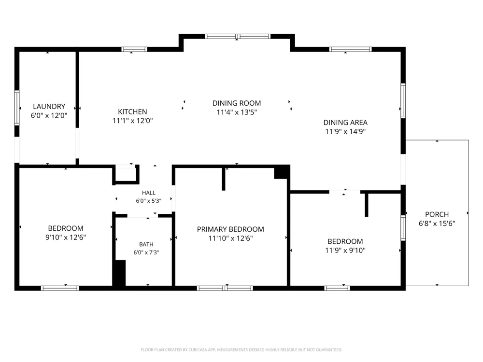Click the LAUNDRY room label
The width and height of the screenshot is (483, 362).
49,107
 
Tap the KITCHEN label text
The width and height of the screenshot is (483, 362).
132,112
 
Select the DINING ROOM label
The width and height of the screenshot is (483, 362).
237,103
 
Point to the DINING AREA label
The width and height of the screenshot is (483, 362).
345,123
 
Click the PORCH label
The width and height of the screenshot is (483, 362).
437,215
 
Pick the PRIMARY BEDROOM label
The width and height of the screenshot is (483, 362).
230,229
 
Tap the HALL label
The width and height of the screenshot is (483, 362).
148,193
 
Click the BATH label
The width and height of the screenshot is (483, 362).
146,244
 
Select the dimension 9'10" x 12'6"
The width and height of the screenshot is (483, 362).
66,237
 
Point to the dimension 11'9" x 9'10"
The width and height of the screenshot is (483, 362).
345,250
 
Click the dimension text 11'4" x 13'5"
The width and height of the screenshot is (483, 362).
237,112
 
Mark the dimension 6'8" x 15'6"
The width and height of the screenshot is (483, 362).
437,223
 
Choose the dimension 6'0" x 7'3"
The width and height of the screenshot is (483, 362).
146,252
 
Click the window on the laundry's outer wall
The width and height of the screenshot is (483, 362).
17,108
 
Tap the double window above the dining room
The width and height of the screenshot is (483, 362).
238,36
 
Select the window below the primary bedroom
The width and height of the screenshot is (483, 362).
225,288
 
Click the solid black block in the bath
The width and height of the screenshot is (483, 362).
119,273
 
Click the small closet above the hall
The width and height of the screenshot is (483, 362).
126,175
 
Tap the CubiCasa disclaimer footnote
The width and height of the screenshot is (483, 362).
241,349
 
